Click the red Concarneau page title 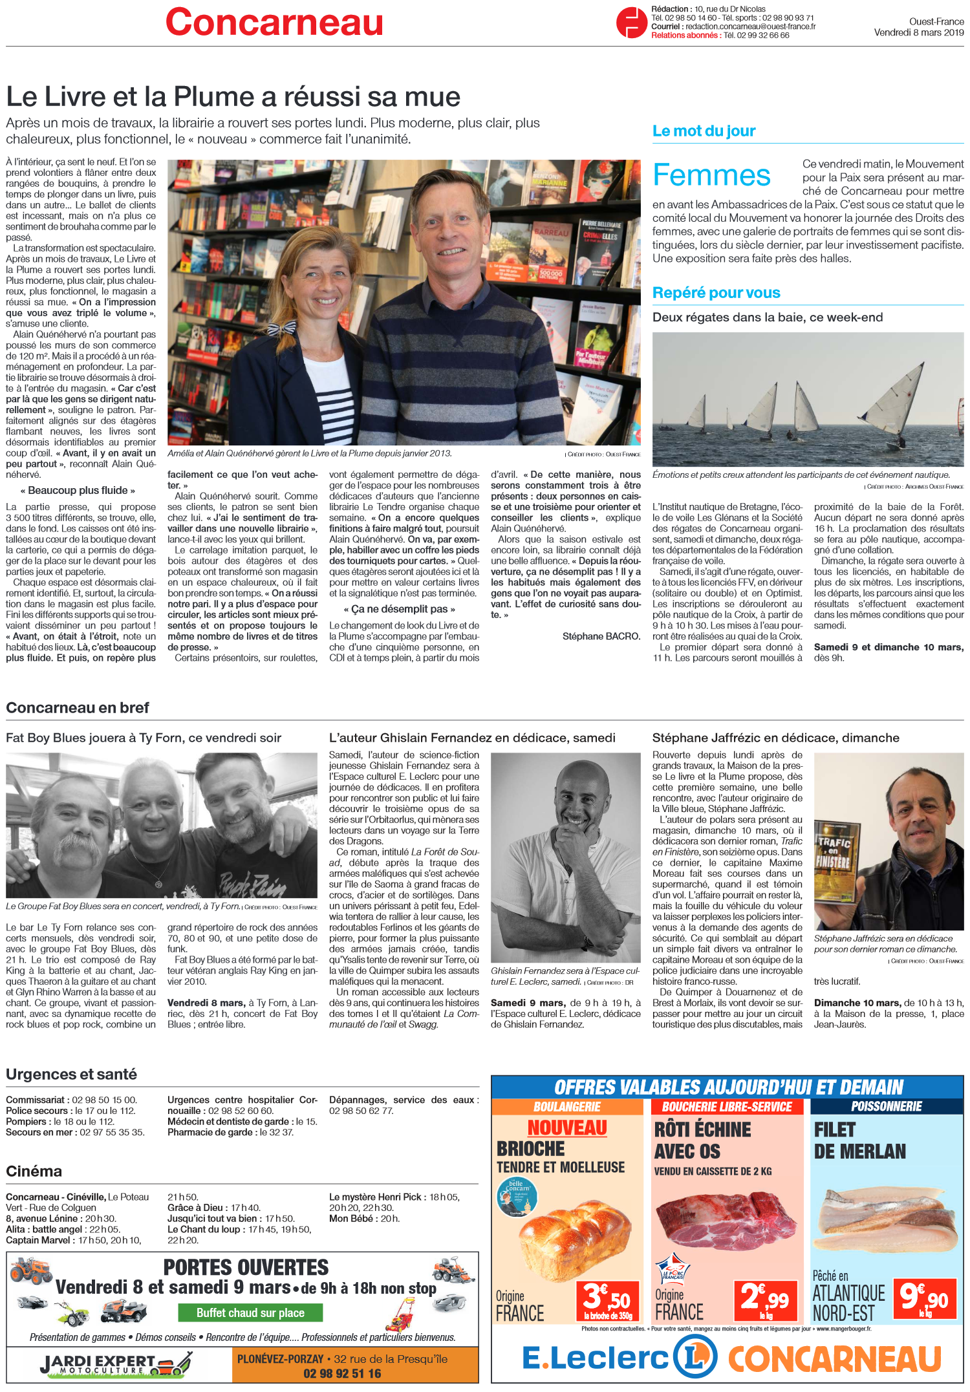tap(274, 23)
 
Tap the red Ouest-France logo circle tap(631, 22)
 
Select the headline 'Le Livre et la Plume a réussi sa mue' tap(233, 97)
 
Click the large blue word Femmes tap(711, 175)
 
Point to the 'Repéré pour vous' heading tap(716, 293)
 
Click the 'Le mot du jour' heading tap(704, 131)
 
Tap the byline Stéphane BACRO tap(601, 636)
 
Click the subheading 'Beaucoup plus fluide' tap(78, 490)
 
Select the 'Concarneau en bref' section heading tap(78, 708)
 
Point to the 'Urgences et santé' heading tap(71, 1074)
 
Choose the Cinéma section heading tap(34, 1171)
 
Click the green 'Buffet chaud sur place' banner tap(250, 1312)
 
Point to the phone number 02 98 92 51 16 tap(342, 1373)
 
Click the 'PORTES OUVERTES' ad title tap(246, 1267)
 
